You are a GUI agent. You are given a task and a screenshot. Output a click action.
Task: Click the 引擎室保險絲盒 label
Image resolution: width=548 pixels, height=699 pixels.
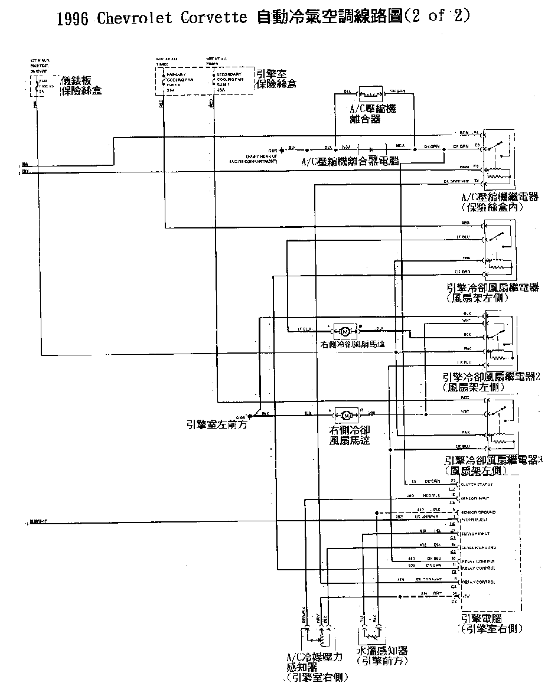[x=276, y=79]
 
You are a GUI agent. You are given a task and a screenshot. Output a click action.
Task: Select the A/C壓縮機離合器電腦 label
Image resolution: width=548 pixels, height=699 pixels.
[x=350, y=161]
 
